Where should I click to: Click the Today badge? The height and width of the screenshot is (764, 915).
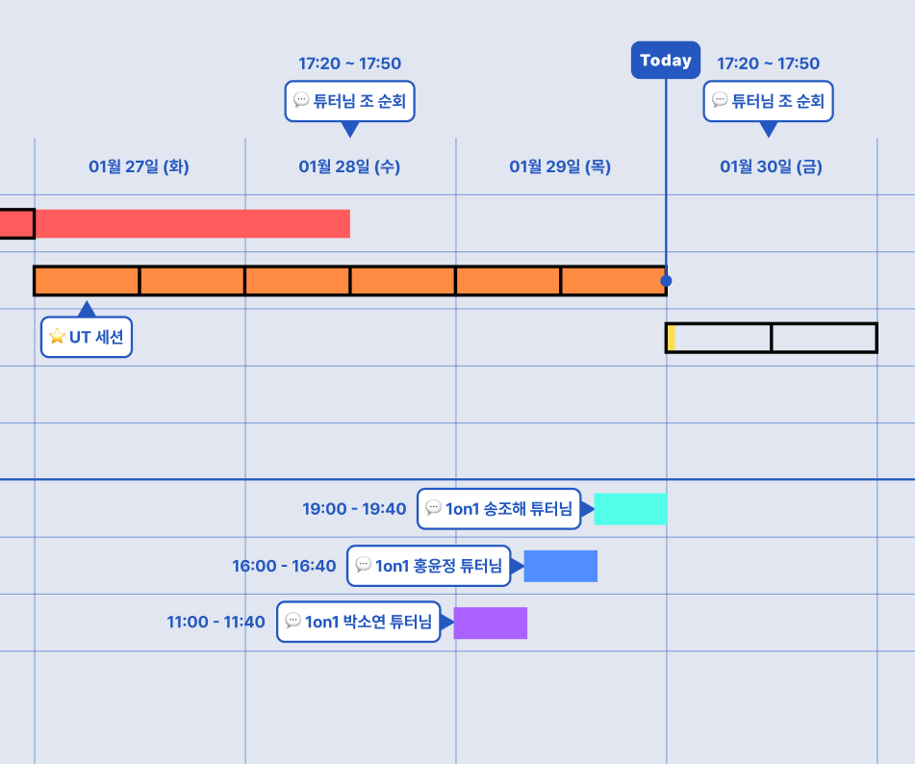point(665,60)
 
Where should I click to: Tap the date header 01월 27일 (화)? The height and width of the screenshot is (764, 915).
point(139,166)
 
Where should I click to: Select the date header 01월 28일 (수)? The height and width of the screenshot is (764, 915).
point(349,166)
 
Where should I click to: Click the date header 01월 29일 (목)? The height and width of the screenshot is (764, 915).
point(560,166)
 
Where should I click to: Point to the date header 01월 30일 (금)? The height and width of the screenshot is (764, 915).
point(771,166)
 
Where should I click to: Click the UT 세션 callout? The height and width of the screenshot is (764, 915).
point(87,337)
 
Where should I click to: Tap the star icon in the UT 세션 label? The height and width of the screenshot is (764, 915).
point(57,336)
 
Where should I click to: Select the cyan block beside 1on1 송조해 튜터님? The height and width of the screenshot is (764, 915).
point(631,509)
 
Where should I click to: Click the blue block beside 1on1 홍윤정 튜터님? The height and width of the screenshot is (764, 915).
point(561,566)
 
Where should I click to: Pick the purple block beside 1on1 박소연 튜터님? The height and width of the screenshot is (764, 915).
point(491,623)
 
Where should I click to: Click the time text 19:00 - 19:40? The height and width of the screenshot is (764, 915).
point(354,509)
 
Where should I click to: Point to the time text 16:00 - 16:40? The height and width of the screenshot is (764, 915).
point(284,566)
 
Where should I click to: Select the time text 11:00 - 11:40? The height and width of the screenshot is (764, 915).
point(216,623)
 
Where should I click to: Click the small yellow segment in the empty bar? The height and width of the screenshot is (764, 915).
point(672,338)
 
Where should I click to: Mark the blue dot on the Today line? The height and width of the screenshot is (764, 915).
point(666,281)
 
